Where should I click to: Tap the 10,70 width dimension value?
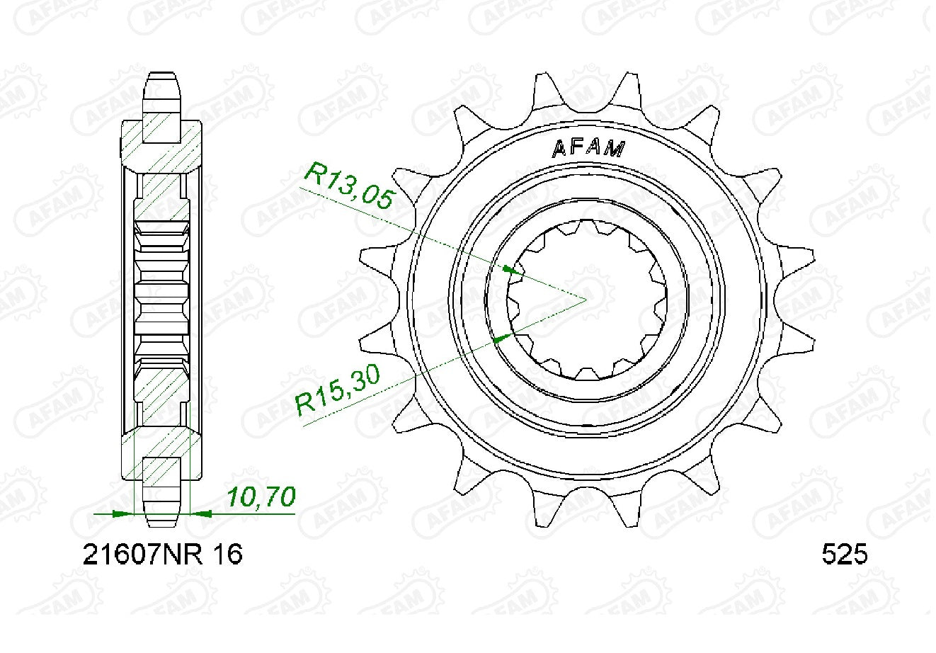[x=261, y=498]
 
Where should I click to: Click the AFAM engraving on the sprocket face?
[x=588, y=148]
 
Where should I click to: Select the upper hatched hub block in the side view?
[x=162, y=145]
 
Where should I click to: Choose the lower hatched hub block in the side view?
[x=162, y=453]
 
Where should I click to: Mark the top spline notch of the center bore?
[x=586, y=225]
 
